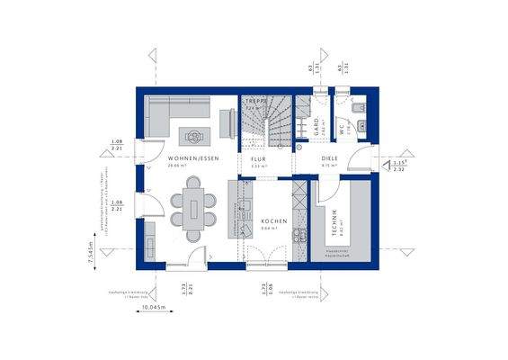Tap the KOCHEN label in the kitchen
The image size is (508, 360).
point(273,220)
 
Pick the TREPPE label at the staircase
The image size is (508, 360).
point(259,102)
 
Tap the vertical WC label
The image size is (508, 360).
point(343,129)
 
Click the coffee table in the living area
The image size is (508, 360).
point(193,136)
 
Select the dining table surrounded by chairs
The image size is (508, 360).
point(195,208)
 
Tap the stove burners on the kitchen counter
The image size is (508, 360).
point(299,193)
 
